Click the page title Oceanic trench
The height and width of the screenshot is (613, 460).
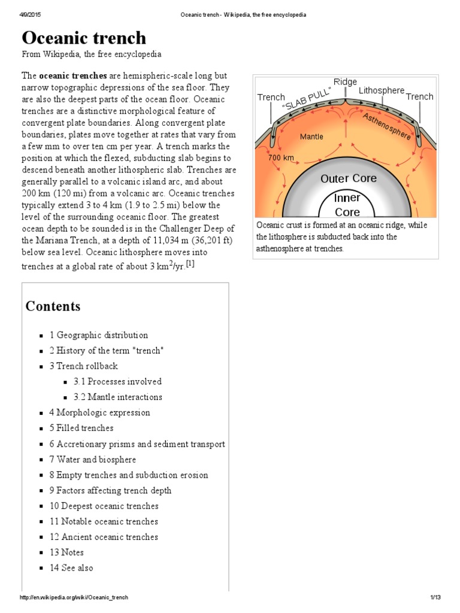pos(84,38)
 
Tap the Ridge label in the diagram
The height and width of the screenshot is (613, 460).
pos(345,82)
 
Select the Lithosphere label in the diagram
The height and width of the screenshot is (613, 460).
pos(382,90)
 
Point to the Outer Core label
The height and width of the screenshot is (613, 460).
pos(348,178)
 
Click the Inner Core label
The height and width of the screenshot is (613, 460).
pos(347,205)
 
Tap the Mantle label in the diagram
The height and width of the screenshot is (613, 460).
pos(311,136)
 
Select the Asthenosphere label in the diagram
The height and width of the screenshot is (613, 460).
pos(386,126)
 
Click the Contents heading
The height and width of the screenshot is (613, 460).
pos(53,306)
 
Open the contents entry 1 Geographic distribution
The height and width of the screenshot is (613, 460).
pos(99,335)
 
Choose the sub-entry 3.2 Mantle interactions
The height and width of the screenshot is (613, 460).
pos(118,397)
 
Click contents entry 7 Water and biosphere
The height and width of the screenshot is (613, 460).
pos(93,459)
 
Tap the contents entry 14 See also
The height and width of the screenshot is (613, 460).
pos(71,568)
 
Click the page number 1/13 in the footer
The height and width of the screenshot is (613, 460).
pos(435,598)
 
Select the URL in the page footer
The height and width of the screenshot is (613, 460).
pos(74,598)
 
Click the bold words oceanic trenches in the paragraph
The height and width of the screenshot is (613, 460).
pos(73,77)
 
